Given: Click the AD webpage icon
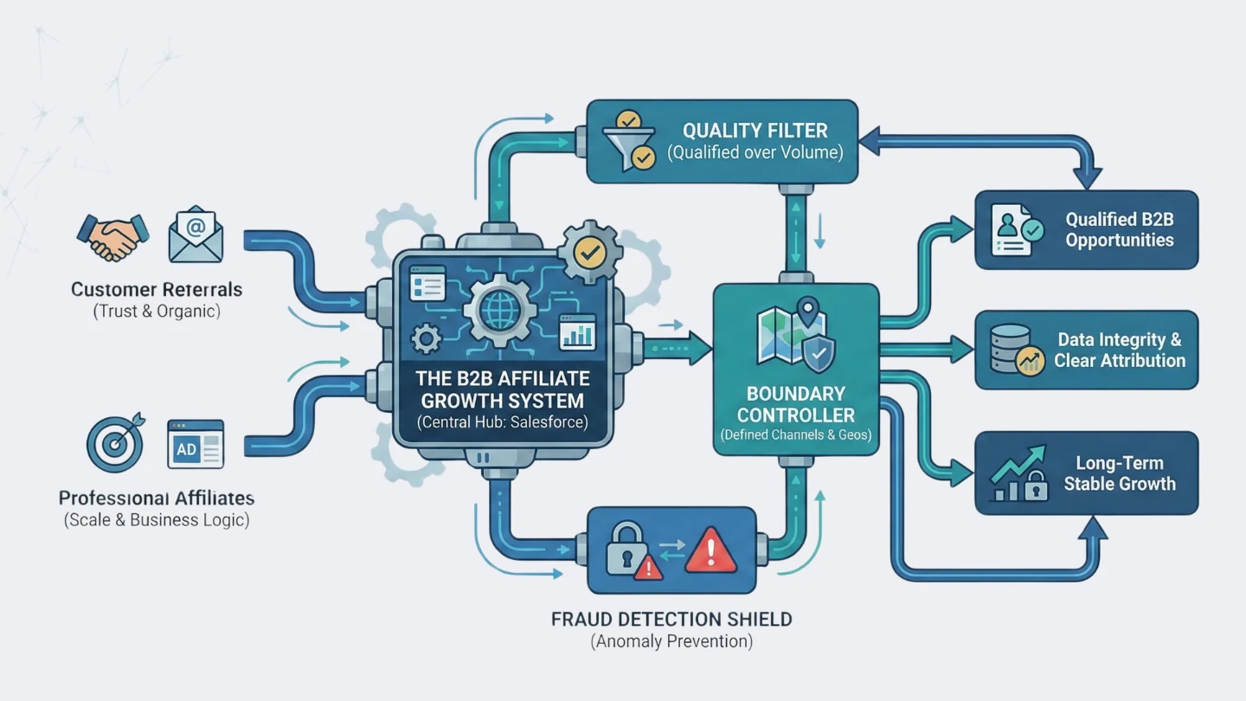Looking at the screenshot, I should (x=196, y=444).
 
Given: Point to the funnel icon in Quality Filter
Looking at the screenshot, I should (x=630, y=141).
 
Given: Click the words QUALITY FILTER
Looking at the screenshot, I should (x=755, y=131).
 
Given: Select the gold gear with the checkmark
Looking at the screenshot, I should (x=590, y=252).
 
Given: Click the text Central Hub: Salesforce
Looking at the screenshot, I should (x=502, y=423).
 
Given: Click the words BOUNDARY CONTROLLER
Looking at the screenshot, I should (x=796, y=404).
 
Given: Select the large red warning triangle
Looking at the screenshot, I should (x=710, y=552).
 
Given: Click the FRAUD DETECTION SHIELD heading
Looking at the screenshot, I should (x=671, y=620).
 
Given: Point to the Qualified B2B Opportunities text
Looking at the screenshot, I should (x=1119, y=230).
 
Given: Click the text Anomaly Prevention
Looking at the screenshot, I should (x=671, y=642).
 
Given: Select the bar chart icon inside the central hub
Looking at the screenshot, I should (x=577, y=332).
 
